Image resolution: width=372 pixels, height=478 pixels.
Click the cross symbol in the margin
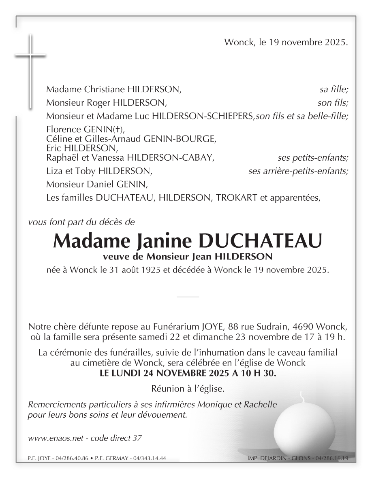click(x=30, y=57)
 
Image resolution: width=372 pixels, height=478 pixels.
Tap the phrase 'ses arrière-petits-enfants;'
click(x=298, y=171)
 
